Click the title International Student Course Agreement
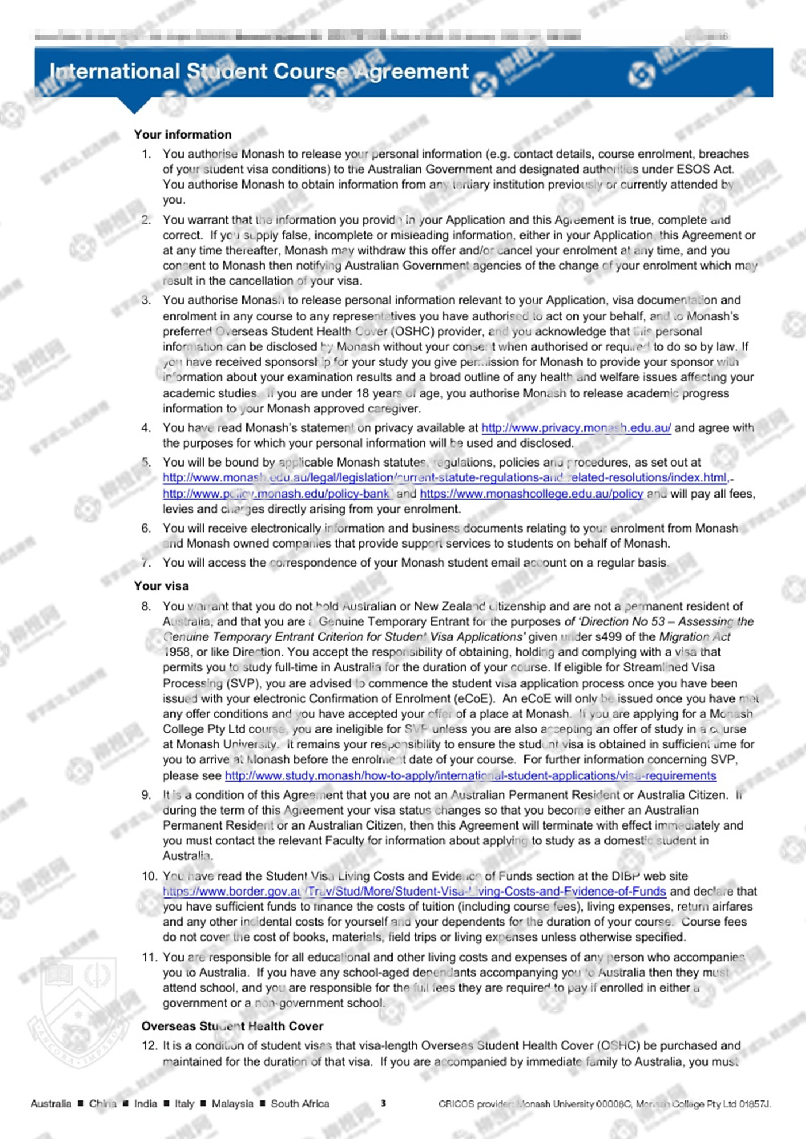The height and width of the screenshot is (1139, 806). point(259,71)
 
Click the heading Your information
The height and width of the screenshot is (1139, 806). point(183,135)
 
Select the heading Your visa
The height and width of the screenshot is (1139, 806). point(161,586)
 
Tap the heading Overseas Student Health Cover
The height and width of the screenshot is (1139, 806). point(232,1026)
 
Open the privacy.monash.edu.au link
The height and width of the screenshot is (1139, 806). point(576,428)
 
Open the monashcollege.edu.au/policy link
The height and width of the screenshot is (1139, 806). point(531,494)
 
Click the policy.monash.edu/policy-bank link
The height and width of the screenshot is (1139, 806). point(276,494)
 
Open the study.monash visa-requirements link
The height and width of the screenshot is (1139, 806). point(470,775)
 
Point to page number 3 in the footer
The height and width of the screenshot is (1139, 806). point(383,1103)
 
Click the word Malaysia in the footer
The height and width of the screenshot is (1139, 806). point(232,1103)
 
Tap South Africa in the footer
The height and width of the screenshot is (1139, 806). point(300,1103)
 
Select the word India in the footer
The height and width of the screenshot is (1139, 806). point(145,1103)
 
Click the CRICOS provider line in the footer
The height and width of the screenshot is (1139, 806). point(604,1103)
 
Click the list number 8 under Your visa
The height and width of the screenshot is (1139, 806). point(146,606)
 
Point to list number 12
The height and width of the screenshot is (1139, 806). point(149,1045)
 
